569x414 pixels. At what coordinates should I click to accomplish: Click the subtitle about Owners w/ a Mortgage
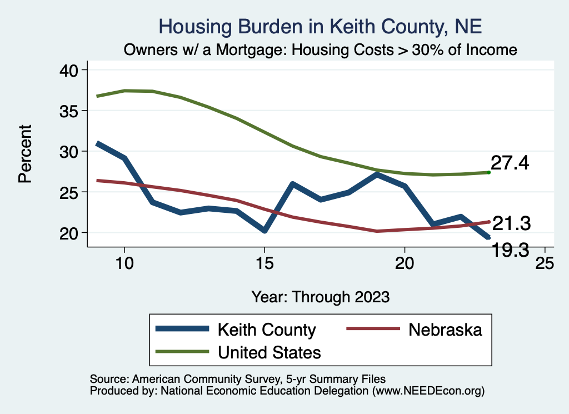tap(321, 50)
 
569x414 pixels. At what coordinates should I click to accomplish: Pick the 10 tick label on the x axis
tap(124, 263)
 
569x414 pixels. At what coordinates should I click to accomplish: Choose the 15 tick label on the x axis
tap(264, 263)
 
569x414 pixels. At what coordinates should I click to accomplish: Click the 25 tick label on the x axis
tap(545, 263)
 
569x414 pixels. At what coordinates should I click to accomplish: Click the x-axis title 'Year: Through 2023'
tap(321, 296)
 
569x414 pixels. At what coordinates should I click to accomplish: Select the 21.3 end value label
tap(512, 223)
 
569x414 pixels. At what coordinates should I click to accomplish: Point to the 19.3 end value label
tap(512, 250)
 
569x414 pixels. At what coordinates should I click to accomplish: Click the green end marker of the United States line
tap(488, 172)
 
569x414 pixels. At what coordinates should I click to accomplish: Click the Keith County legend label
tap(267, 330)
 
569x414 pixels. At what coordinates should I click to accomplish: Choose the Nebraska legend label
tap(445, 330)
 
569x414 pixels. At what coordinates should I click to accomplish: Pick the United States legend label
tap(269, 352)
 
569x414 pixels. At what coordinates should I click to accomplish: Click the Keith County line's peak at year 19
tap(377, 175)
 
